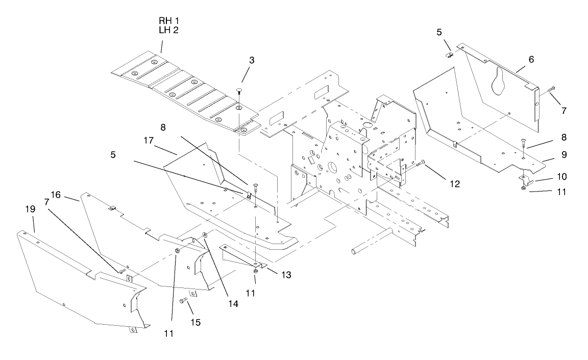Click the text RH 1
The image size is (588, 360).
coord(169,20)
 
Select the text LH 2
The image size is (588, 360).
coord(169,30)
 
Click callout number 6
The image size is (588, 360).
coord(531,60)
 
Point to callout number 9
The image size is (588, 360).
coord(550,154)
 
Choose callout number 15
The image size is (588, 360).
coord(195,322)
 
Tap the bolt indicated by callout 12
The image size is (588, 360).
coord(421,163)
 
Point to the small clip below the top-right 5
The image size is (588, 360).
coord(449,55)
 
